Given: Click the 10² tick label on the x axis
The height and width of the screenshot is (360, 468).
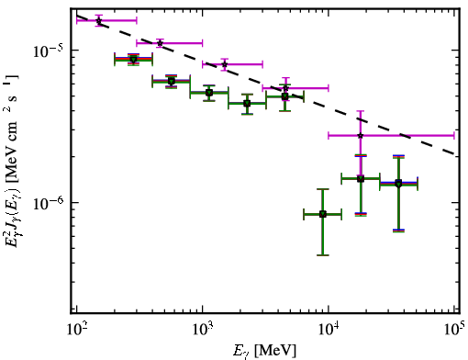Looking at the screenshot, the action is (76, 330).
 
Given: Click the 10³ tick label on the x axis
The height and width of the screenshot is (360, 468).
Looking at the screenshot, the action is (203, 330).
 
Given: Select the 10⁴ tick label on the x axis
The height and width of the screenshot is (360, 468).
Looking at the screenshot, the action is (329, 330).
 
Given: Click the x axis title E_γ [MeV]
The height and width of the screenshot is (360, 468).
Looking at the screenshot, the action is (264, 351).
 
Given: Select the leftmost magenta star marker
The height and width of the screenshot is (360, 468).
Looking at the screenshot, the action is (99, 21).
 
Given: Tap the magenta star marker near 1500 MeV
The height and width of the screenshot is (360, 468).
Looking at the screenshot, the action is (225, 64).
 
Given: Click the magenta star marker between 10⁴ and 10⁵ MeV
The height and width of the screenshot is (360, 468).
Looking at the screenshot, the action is (361, 135).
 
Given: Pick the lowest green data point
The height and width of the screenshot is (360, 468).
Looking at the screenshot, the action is (323, 214).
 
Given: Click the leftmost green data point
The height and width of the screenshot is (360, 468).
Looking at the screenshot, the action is (133, 59).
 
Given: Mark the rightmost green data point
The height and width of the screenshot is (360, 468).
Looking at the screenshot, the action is (398, 184).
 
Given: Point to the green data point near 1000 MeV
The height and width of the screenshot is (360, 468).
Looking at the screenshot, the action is (209, 93).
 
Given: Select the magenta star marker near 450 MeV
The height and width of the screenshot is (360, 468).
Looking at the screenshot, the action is (160, 43).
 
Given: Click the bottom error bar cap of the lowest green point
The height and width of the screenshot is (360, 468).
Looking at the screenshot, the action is (323, 255).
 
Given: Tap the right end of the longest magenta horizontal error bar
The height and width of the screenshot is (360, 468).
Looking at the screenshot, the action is (454, 135).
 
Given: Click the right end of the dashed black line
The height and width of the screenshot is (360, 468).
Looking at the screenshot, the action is (458, 153).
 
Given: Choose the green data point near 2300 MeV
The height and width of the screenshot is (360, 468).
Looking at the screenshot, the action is (247, 104).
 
